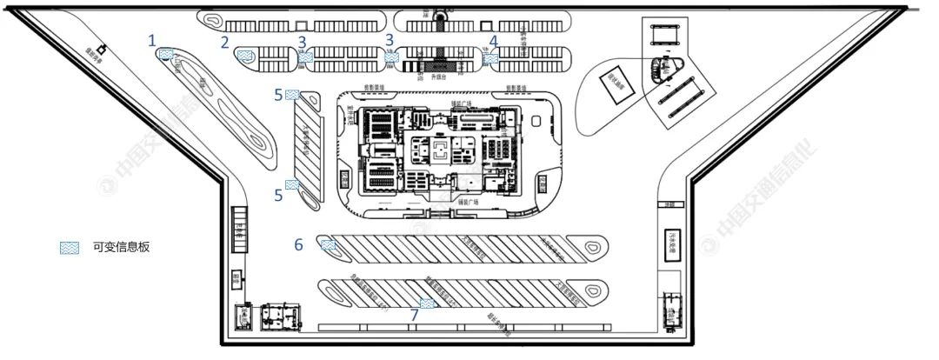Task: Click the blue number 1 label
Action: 152,40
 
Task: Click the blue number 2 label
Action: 225,42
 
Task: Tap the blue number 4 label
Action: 494,41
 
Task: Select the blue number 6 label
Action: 298,245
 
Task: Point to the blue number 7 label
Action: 414,315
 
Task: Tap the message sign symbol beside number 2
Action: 245,57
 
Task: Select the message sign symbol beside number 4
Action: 490,58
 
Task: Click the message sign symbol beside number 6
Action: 328,245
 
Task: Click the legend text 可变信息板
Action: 121,247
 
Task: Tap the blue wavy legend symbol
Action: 69,248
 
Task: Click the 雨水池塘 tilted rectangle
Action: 619,86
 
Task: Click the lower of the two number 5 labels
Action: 278,196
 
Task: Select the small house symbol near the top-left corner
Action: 102,49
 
